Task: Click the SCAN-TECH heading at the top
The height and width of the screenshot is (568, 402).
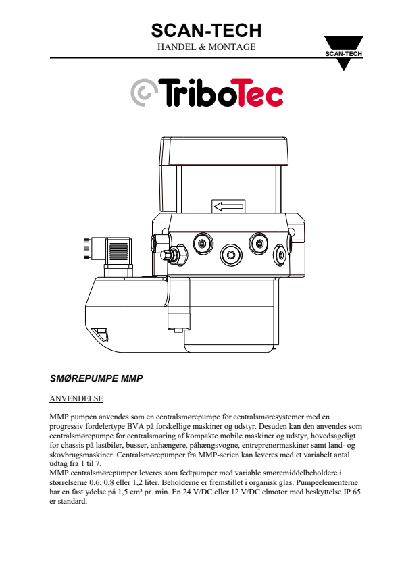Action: point(206,30)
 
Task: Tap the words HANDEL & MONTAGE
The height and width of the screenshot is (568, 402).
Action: point(206,47)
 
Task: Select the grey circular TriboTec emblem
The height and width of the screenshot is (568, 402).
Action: point(144,93)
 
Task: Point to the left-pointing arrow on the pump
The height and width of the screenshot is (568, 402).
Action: point(228,207)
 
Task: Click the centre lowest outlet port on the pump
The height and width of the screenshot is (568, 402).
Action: point(231,255)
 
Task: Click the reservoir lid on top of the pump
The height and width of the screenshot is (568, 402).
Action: point(224,151)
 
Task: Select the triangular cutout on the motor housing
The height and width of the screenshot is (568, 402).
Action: point(100,334)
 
